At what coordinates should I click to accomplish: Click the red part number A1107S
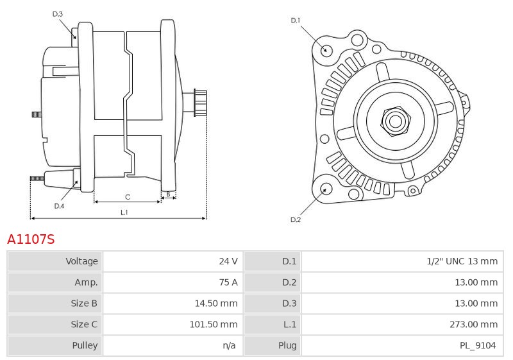pyautogui.click(x=31, y=239)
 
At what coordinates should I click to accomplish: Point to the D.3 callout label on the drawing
pyautogui.click(x=58, y=13)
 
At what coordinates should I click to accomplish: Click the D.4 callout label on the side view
pyautogui.click(x=59, y=206)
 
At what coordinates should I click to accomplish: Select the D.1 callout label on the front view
pyautogui.click(x=296, y=21)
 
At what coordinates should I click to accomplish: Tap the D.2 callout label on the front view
pyautogui.click(x=296, y=220)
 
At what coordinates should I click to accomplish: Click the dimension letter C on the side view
pyautogui.click(x=128, y=196)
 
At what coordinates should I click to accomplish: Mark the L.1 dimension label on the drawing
pyautogui.click(x=124, y=212)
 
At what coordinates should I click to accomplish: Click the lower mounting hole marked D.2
pyautogui.click(x=326, y=189)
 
